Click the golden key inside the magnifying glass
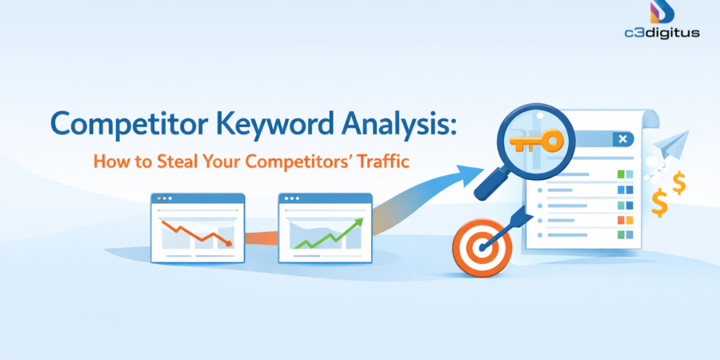pyautogui.click(x=536, y=140)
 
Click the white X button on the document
pyautogui.click(x=622, y=139)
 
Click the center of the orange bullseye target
pyautogui.click(x=482, y=247)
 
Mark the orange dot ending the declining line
pyautogui.click(x=228, y=243)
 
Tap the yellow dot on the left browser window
pyautogui.click(x=157, y=198)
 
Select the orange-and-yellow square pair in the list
pyautogui.click(x=625, y=220)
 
